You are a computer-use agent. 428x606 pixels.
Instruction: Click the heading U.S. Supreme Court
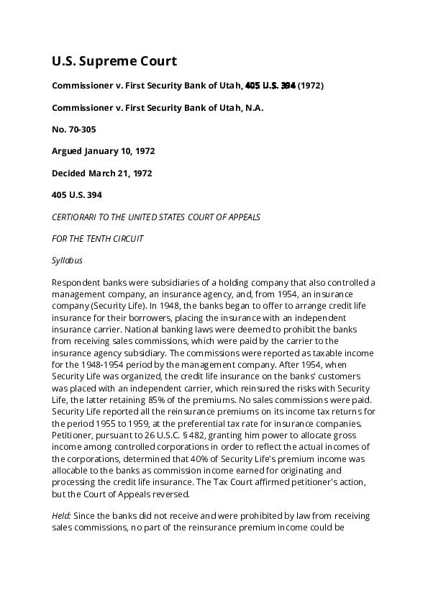114,60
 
